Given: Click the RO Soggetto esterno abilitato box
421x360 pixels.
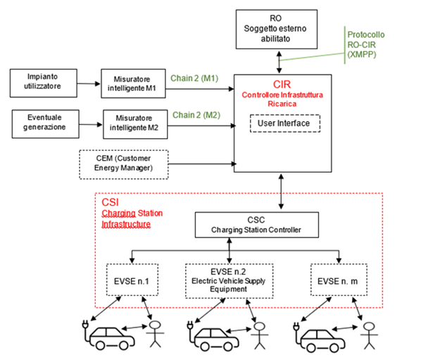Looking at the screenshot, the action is [x=276, y=30].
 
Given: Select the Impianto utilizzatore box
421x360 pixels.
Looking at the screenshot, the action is [x=44, y=83].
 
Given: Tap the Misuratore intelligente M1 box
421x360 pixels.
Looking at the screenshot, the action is [x=133, y=84].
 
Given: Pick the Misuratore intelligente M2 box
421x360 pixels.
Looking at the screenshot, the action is [x=135, y=124].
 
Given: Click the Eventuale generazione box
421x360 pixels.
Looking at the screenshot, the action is [x=45, y=124].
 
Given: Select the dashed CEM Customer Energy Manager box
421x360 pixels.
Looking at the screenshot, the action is [x=124, y=164].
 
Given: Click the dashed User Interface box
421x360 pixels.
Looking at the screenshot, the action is [x=285, y=123].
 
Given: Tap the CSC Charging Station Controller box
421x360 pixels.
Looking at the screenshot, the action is [x=257, y=225].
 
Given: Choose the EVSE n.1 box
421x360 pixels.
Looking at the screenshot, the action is [x=132, y=280].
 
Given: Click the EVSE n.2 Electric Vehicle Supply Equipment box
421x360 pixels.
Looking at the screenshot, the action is [x=229, y=281].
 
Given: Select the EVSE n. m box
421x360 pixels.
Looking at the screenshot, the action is [x=339, y=280].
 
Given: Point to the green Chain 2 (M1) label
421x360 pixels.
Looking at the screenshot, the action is [x=194, y=78].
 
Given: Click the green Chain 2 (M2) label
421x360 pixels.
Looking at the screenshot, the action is [x=196, y=115].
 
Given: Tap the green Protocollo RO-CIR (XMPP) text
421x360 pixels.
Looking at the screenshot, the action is [x=365, y=44].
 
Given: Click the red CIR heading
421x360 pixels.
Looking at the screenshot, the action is [x=282, y=85].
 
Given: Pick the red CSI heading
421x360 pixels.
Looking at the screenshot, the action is [x=110, y=202].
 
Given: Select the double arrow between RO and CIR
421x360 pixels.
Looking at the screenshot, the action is [x=279, y=62].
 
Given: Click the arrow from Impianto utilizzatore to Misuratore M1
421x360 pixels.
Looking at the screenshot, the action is [x=89, y=84].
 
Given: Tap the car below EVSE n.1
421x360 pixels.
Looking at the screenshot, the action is [x=108, y=335].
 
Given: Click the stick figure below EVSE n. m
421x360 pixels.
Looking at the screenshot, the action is [x=369, y=336].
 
